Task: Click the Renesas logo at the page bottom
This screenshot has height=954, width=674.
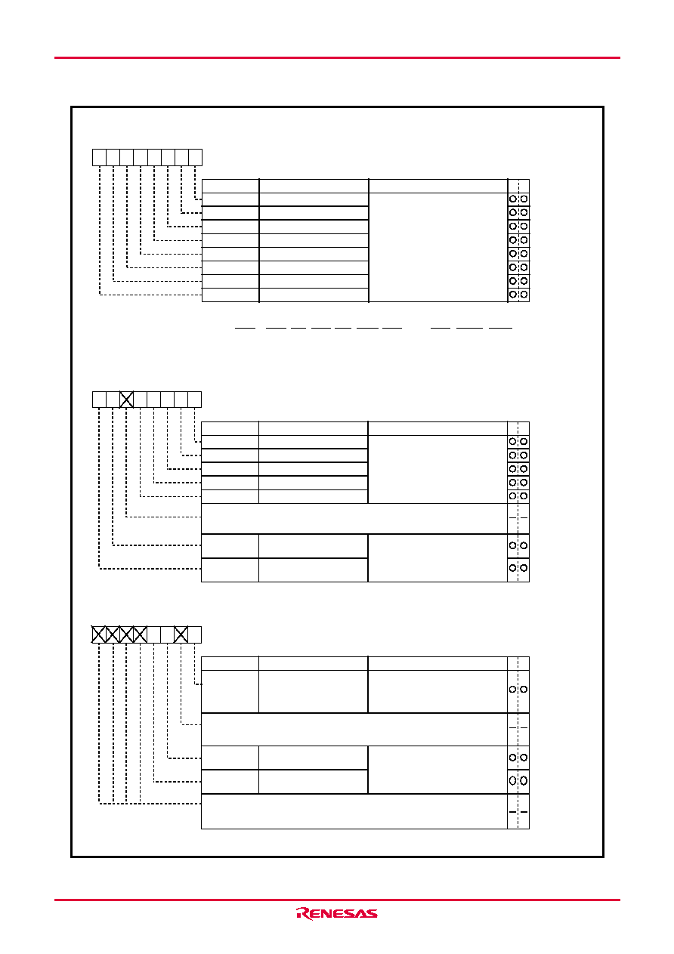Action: coord(336,913)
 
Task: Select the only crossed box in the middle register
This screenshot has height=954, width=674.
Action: coord(126,400)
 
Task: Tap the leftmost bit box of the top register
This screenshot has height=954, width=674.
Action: coord(99,158)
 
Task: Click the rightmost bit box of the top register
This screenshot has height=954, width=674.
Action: coord(195,158)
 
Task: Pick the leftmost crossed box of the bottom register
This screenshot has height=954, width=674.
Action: coord(99,634)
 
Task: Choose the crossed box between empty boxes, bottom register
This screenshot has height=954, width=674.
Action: coord(181,634)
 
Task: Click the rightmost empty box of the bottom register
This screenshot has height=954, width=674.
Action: coord(195,634)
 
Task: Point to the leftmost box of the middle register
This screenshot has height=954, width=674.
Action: coord(99,400)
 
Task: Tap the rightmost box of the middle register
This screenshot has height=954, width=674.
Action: coord(195,400)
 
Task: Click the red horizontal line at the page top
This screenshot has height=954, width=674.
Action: coord(337,57)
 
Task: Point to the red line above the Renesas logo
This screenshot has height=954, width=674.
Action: coord(337,900)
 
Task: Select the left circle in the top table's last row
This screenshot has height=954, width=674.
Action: coord(513,295)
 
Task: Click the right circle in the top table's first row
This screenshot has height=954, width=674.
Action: coord(524,199)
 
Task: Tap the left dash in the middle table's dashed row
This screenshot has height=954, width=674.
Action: coord(512,518)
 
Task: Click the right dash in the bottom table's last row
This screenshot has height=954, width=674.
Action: coord(524,812)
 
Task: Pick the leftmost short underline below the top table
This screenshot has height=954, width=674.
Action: coord(245,329)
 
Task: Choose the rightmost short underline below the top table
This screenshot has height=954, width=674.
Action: coord(500,329)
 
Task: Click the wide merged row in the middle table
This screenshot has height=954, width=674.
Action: coord(354,518)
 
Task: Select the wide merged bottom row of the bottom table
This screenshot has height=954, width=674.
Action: coord(354,811)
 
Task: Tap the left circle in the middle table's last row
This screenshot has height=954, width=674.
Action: coord(512,568)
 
